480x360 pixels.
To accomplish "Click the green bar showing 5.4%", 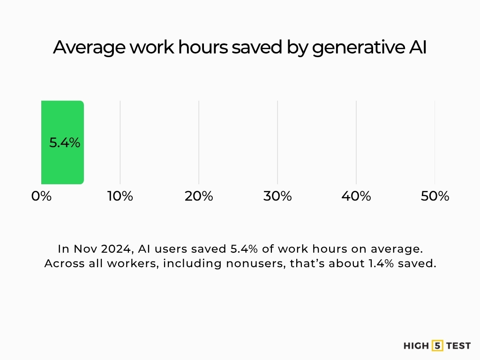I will click(x=62, y=117).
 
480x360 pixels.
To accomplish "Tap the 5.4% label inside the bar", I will click(x=65, y=142).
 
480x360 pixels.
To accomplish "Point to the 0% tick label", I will click(x=41, y=196).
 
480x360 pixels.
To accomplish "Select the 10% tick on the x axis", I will click(x=120, y=196).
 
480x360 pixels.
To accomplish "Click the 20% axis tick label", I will click(x=199, y=196).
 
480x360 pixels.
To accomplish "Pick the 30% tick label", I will click(x=277, y=196).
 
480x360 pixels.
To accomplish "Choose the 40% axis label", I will click(x=356, y=196).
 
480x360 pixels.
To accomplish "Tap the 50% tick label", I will click(x=435, y=196).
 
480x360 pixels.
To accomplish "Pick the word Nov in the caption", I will click(x=83, y=248).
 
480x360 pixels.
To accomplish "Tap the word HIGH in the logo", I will click(x=416, y=346).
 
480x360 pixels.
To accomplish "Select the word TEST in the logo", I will click(x=458, y=346).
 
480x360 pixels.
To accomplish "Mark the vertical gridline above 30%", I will click(x=277, y=141).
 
